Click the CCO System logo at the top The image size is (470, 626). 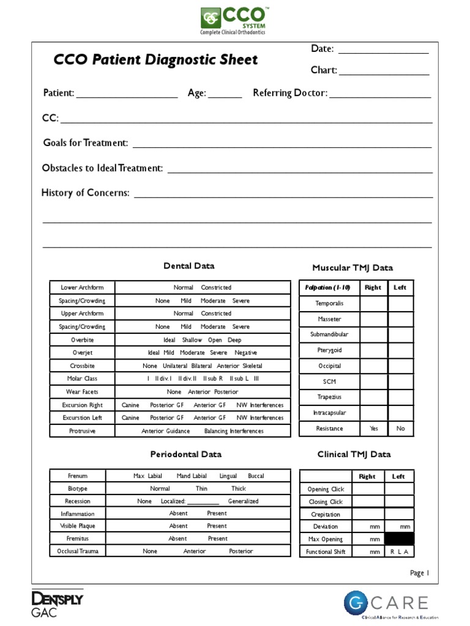[234, 21]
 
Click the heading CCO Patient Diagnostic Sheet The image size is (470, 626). [156, 60]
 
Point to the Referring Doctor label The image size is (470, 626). [290, 93]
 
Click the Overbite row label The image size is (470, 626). [82, 340]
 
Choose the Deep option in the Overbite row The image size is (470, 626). [234, 340]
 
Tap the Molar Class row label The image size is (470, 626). [82, 379]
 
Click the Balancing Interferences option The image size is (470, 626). [234, 431]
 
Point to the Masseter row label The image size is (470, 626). [329, 319]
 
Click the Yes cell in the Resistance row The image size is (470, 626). [374, 429]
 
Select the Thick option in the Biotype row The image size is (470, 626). [239, 488]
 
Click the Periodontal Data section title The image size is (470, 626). [186, 454]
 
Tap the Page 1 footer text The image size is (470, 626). [420, 573]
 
